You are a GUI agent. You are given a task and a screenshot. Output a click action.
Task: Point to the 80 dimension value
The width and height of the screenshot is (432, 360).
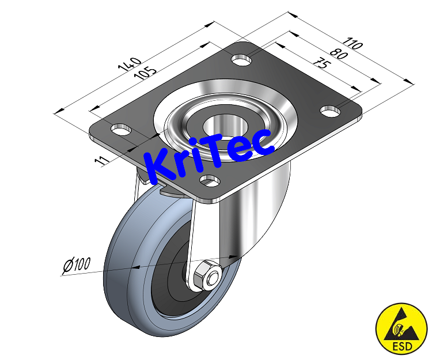(x=340, y=56)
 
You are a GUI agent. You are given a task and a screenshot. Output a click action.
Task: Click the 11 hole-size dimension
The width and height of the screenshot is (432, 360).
(x=101, y=160)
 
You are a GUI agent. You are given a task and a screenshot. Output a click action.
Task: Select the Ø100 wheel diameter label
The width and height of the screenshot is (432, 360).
(x=75, y=266)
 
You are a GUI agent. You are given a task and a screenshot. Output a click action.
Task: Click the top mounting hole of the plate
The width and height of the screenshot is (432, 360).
(x=242, y=58)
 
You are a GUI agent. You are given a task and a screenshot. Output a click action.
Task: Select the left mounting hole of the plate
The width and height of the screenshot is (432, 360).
(x=120, y=128)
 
